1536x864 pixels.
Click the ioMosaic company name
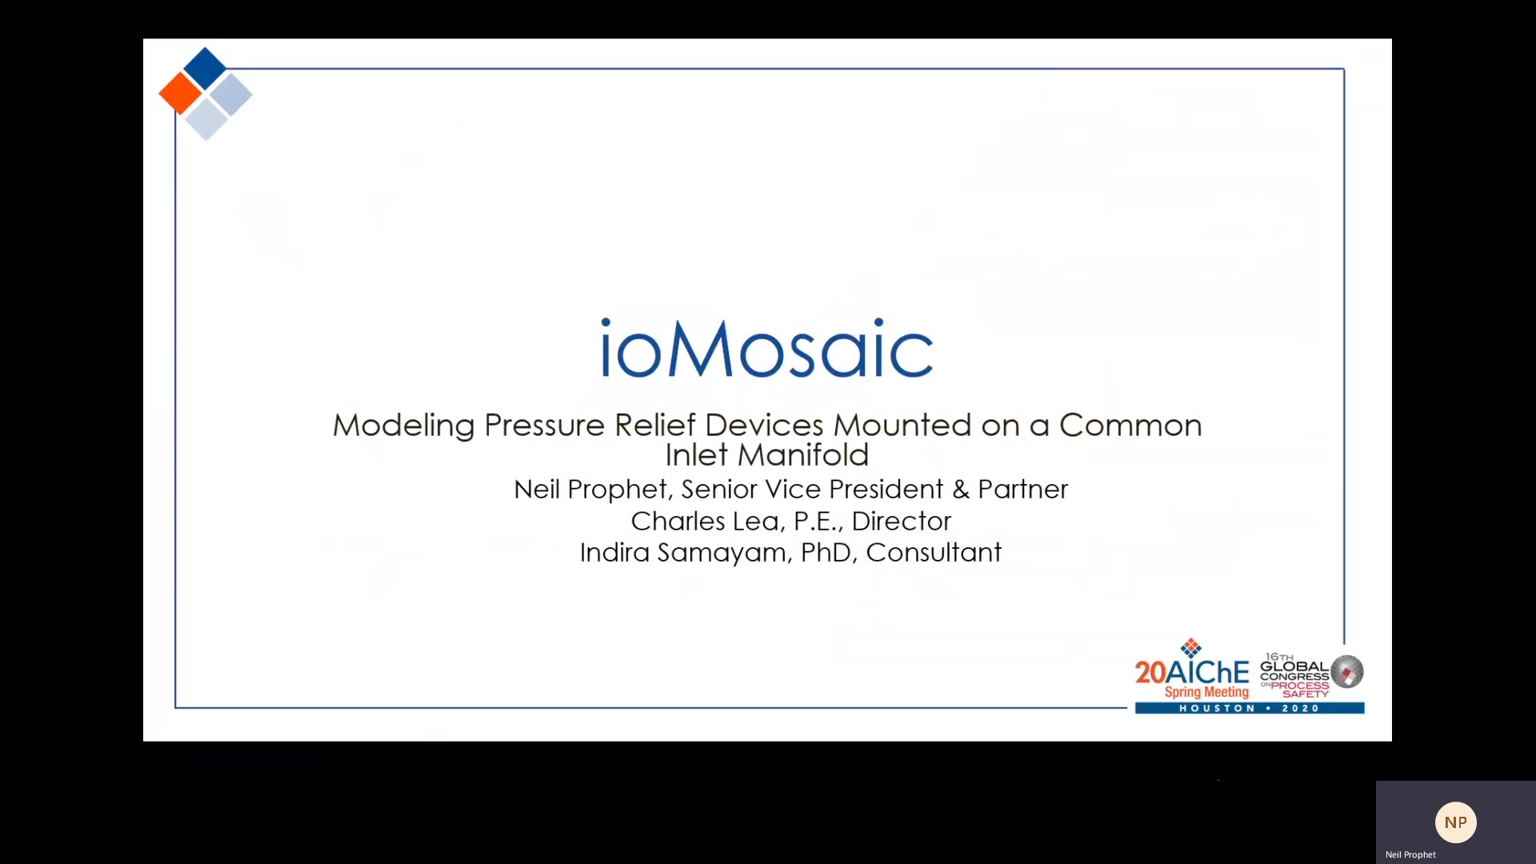[x=766, y=348]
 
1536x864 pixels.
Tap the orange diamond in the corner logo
[x=180, y=94]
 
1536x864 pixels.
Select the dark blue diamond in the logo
[x=205, y=68]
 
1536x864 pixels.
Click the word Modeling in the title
[x=403, y=426]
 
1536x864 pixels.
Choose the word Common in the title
[x=1130, y=425]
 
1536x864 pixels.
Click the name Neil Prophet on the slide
[x=590, y=489]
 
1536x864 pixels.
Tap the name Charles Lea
[x=705, y=521]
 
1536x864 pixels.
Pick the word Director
[x=901, y=521]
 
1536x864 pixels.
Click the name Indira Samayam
[x=682, y=553]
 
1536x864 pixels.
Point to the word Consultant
[x=934, y=552]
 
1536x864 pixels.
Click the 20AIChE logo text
[x=1191, y=672]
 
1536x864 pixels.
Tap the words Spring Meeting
[x=1206, y=692]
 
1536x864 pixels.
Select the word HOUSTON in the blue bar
[x=1218, y=708]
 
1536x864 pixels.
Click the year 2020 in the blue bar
[x=1301, y=708]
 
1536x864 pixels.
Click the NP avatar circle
[x=1455, y=822]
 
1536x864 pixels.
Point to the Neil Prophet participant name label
[x=1410, y=854]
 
